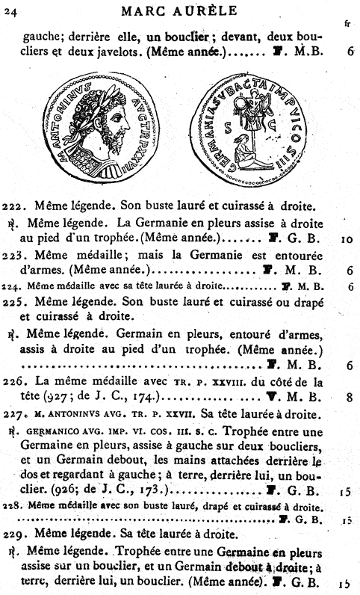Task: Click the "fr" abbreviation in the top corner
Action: pos(348,23)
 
